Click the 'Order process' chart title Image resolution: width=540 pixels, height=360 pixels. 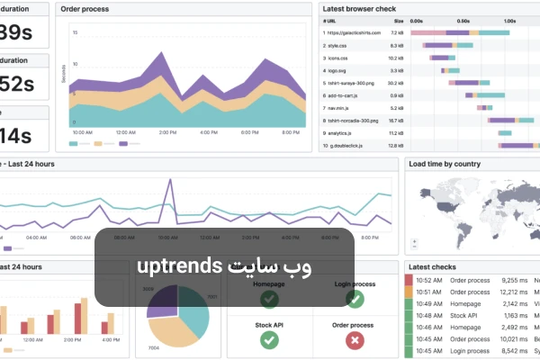point(86,9)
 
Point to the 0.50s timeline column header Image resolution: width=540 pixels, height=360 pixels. point(463,19)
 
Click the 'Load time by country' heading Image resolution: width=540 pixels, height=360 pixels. point(444,164)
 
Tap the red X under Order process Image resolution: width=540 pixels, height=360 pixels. point(354,340)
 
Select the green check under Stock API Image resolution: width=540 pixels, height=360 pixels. point(269,340)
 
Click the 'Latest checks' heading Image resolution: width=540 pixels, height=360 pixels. point(432,267)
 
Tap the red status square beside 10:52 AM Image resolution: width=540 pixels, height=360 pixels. point(409,280)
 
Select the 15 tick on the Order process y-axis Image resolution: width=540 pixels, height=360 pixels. point(75,32)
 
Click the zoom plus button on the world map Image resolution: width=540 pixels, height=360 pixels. point(413,241)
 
